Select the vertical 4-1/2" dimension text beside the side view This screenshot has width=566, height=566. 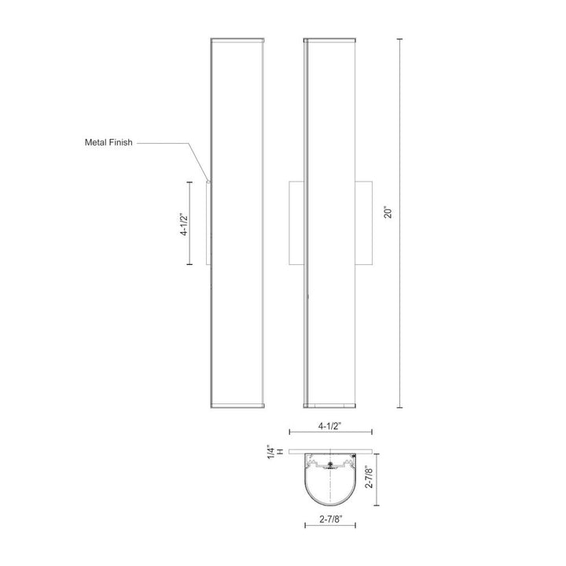[183, 222]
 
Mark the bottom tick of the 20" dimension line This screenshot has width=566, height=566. [402, 408]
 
